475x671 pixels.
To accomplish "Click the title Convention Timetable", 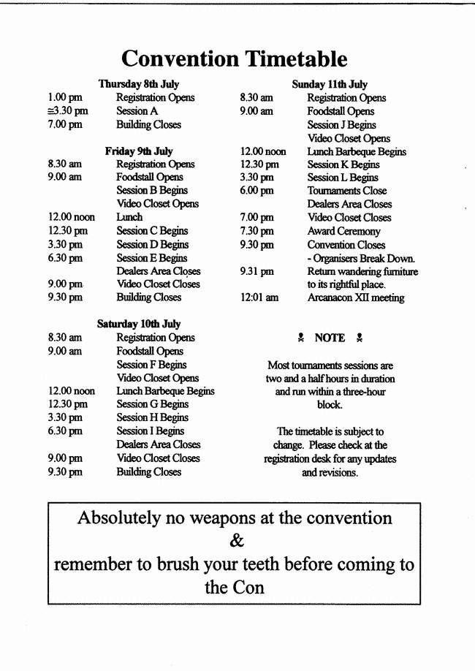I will (234, 58).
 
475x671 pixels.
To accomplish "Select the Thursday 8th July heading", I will (139, 84).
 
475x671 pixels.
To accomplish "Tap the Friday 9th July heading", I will (139, 151).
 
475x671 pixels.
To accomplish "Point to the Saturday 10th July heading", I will (139, 324).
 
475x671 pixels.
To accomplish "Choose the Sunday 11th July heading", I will (330, 84).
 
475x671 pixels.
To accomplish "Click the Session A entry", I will (137, 111).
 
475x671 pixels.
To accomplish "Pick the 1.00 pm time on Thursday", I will (65, 98).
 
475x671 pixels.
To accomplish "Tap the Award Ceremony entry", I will (343, 231).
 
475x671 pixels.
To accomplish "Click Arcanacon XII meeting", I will (355, 297).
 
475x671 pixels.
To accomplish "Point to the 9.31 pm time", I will (257, 271).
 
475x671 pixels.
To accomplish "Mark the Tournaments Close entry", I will (347, 191).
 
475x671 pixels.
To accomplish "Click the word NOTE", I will (330, 338).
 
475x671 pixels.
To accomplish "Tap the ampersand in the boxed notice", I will (236, 542).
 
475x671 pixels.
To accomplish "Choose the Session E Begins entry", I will (152, 258).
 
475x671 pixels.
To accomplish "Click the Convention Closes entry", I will (346, 245).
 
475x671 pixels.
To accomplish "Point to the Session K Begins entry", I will (343, 164).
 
